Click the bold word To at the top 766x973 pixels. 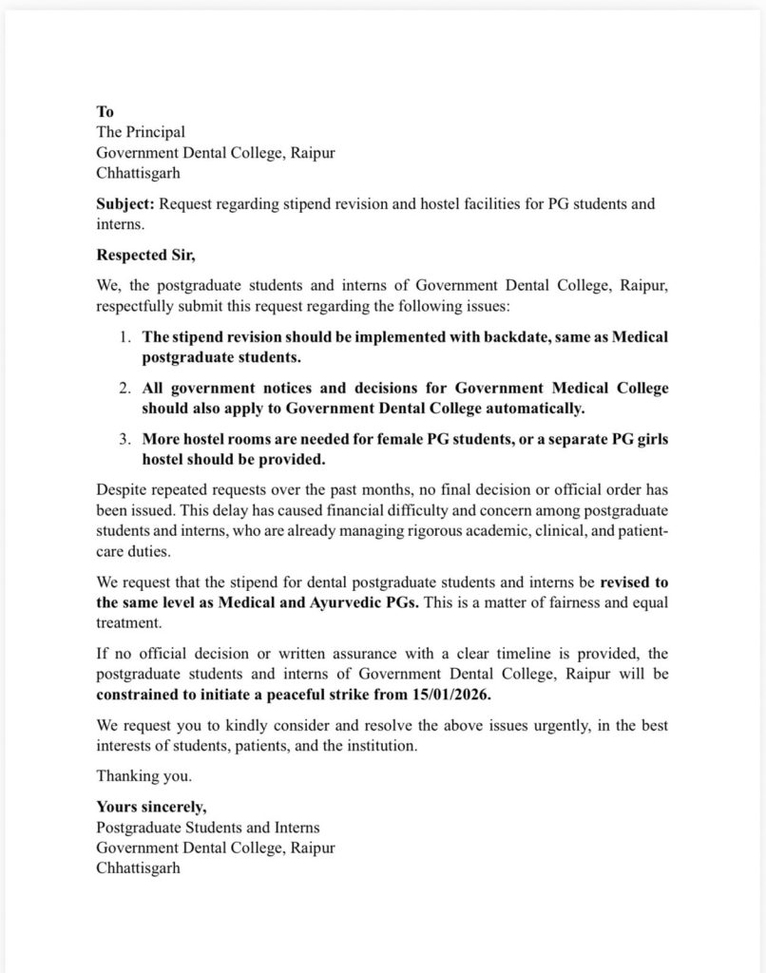[105, 112]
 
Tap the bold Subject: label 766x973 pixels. [126, 204]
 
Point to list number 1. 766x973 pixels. [124, 337]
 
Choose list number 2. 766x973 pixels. [124, 388]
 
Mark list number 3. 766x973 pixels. [124, 439]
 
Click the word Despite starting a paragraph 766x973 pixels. [123, 490]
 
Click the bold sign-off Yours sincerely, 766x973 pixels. [151, 808]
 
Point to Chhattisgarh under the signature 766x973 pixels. [138, 868]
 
